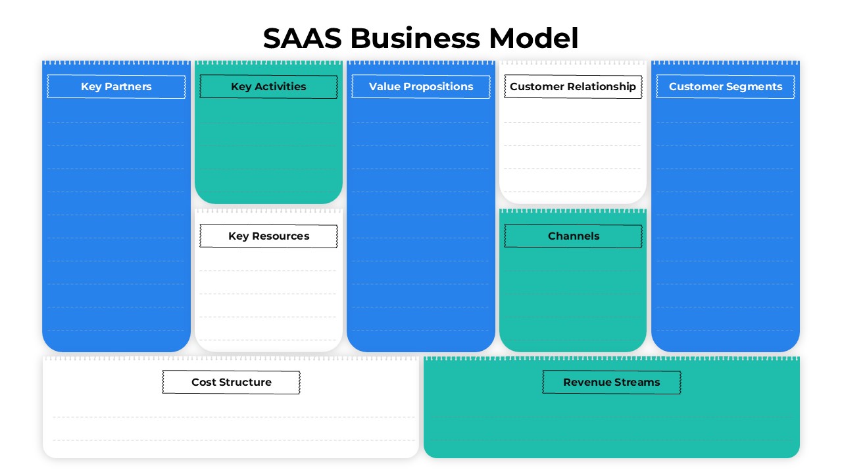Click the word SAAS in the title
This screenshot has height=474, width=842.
tap(302, 39)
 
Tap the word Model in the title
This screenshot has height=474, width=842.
tap(533, 39)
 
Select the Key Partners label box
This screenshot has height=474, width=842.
tap(116, 87)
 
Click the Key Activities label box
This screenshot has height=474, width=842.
tap(268, 87)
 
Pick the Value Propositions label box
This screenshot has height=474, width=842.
tap(421, 87)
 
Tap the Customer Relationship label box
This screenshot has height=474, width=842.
tap(573, 87)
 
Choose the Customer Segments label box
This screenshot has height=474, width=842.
tap(726, 87)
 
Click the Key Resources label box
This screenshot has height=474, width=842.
tap(268, 236)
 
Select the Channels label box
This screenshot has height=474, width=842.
tap(574, 236)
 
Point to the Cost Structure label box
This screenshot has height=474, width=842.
tap(232, 382)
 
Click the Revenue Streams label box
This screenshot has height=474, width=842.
tap(612, 382)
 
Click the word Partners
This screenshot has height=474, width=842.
tap(129, 87)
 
